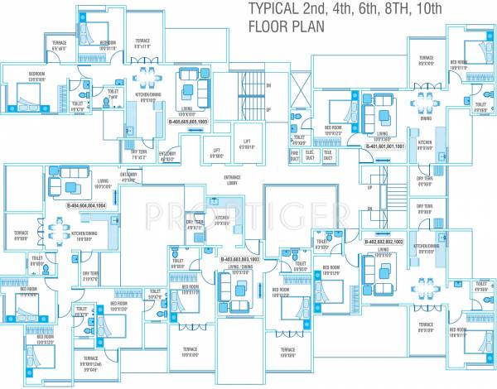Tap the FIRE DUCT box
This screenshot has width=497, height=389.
tap(294, 153)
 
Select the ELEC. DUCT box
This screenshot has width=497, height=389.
tap(310, 153)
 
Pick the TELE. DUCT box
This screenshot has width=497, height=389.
tap(327, 153)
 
